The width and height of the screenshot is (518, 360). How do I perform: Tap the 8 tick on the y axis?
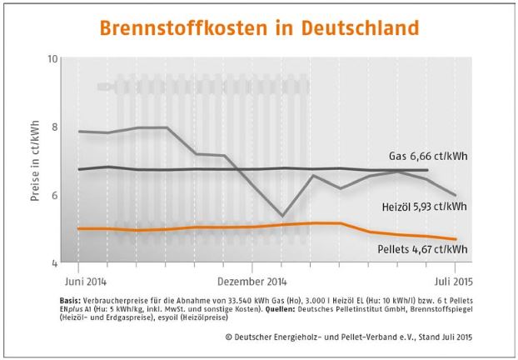coord(55,127)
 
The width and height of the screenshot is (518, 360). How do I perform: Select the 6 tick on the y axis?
coord(55,195)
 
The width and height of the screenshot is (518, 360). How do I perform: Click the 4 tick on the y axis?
coord(55,262)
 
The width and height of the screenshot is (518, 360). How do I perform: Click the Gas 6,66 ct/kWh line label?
coord(426,155)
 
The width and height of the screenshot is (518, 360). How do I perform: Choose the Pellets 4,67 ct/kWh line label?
coord(423,248)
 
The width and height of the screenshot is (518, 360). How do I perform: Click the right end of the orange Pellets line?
coord(456,239)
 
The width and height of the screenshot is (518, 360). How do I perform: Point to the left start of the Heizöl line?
coord(78,132)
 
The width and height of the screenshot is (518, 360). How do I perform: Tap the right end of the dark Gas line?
coord(427,170)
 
